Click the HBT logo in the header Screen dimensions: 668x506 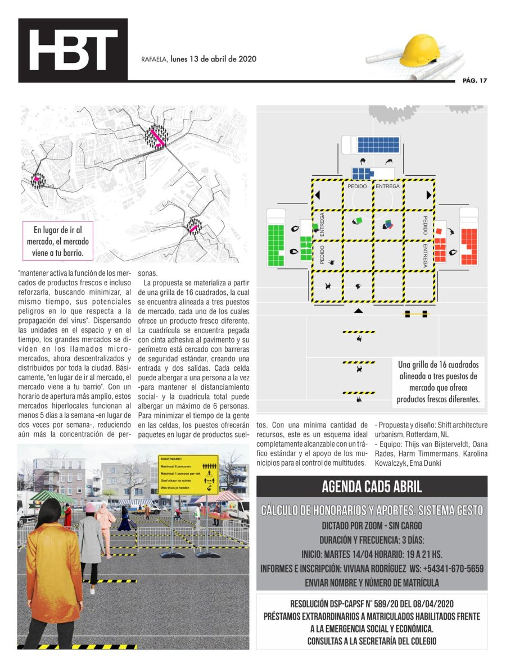pyautogui.click(x=74, y=51)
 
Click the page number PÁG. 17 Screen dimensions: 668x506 pyautogui.click(x=474, y=80)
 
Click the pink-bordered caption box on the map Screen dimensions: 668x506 pyautogui.click(x=58, y=241)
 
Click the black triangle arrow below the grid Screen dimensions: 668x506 pyautogui.click(x=359, y=311)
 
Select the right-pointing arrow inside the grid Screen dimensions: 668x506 pyautogui.click(x=429, y=195)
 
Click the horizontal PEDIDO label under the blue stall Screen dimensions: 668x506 pyautogui.click(x=357, y=186)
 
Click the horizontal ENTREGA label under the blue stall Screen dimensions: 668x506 pyautogui.click(x=387, y=186)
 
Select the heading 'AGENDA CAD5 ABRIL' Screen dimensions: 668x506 pyautogui.click(x=372, y=487)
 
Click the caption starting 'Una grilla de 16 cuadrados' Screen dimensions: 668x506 pyautogui.click(x=437, y=382)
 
